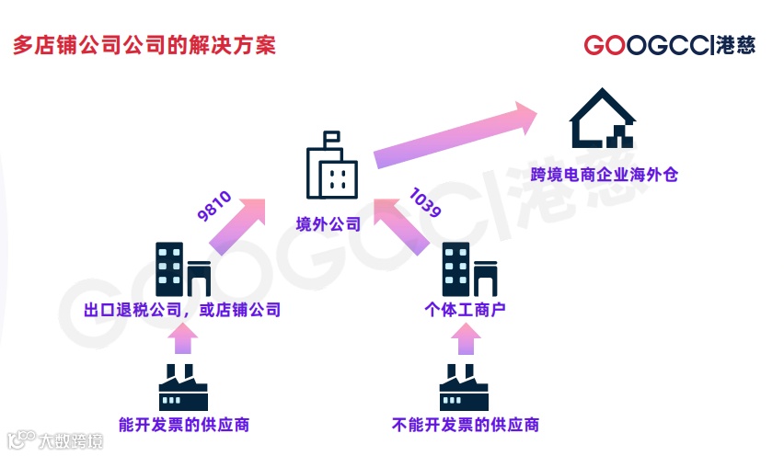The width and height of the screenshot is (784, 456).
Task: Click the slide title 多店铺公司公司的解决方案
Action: point(144,45)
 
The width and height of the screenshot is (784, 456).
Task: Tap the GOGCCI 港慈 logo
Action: point(669,45)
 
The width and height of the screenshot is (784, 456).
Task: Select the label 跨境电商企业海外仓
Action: point(604,174)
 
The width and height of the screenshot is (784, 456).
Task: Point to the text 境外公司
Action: point(329,224)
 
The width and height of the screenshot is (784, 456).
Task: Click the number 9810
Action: point(214,204)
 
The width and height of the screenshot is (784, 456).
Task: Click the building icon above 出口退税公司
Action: point(182,268)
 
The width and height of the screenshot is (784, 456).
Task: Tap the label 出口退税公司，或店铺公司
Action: point(182,310)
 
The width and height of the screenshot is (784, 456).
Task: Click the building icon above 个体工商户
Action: point(469,268)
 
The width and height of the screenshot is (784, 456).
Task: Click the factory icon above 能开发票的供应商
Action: point(183,387)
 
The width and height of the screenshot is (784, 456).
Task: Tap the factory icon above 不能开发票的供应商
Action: point(465,387)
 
